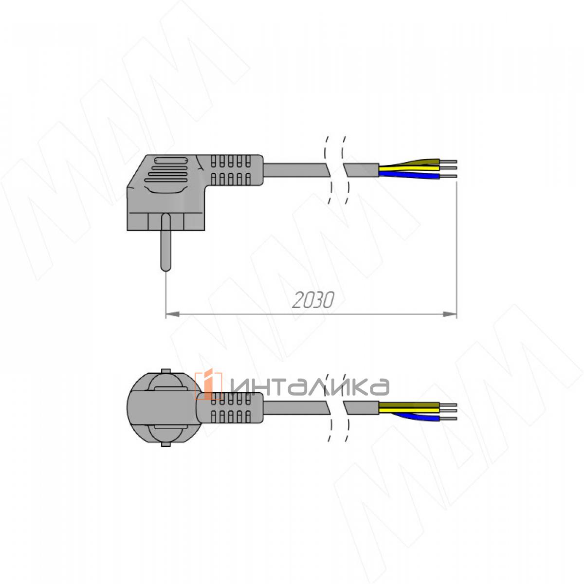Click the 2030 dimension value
[313, 300]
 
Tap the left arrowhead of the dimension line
[172, 314]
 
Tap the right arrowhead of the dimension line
[450, 314]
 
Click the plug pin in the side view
[165, 242]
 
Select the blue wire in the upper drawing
[409, 175]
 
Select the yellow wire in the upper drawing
[409, 167]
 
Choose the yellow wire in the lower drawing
[409, 410]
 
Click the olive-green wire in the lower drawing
[409, 405]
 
